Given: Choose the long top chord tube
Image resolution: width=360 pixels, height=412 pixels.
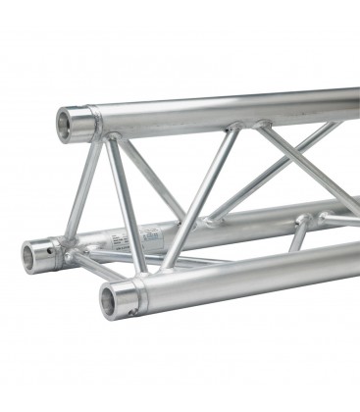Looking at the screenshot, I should point(226,107).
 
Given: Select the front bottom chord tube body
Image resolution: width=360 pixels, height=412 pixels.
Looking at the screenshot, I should point(245,269).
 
